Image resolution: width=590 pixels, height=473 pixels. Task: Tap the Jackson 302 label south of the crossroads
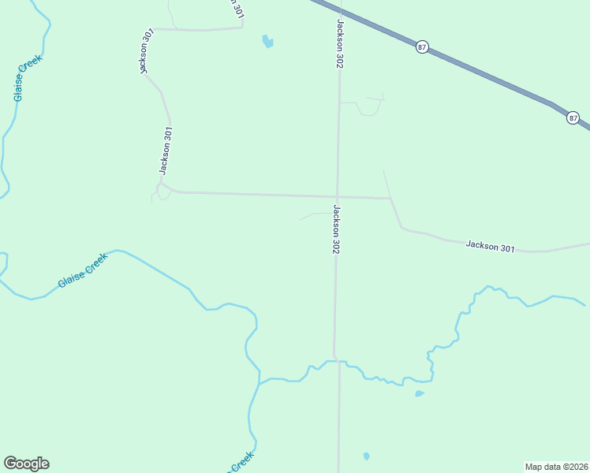pyautogui.click(x=336, y=229)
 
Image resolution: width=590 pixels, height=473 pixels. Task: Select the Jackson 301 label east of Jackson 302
pyautogui.click(x=490, y=247)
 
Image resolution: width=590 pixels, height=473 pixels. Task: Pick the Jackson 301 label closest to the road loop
pyautogui.click(x=165, y=151)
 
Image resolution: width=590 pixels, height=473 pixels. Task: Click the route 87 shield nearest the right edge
pyautogui.click(x=573, y=118)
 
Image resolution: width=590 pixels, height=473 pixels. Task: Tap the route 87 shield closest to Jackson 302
pyautogui.click(x=422, y=47)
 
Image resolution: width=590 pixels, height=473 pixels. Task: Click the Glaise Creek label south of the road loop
pyautogui.click(x=82, y=270)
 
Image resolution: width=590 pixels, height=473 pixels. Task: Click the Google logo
pyautogui.click(x=26, y=464)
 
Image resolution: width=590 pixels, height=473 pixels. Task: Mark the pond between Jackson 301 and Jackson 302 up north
pyautogui.click(x=267, y=41)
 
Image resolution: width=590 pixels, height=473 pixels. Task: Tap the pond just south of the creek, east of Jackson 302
pyautogui.click(x=420, y=393)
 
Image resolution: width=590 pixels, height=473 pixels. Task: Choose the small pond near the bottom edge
pyautogui.click(x=366, y=456)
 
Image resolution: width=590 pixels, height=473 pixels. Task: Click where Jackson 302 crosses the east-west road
pyautogui.click(x=338, y=196)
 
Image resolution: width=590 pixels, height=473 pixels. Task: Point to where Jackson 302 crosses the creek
pyautogui.click(x=336, y=360)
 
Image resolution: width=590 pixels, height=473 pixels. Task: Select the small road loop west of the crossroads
pyautogui.click(x=162, y=191)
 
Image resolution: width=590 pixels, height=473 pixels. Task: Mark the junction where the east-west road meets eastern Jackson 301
pyautogui.click(x=390, y=199)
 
